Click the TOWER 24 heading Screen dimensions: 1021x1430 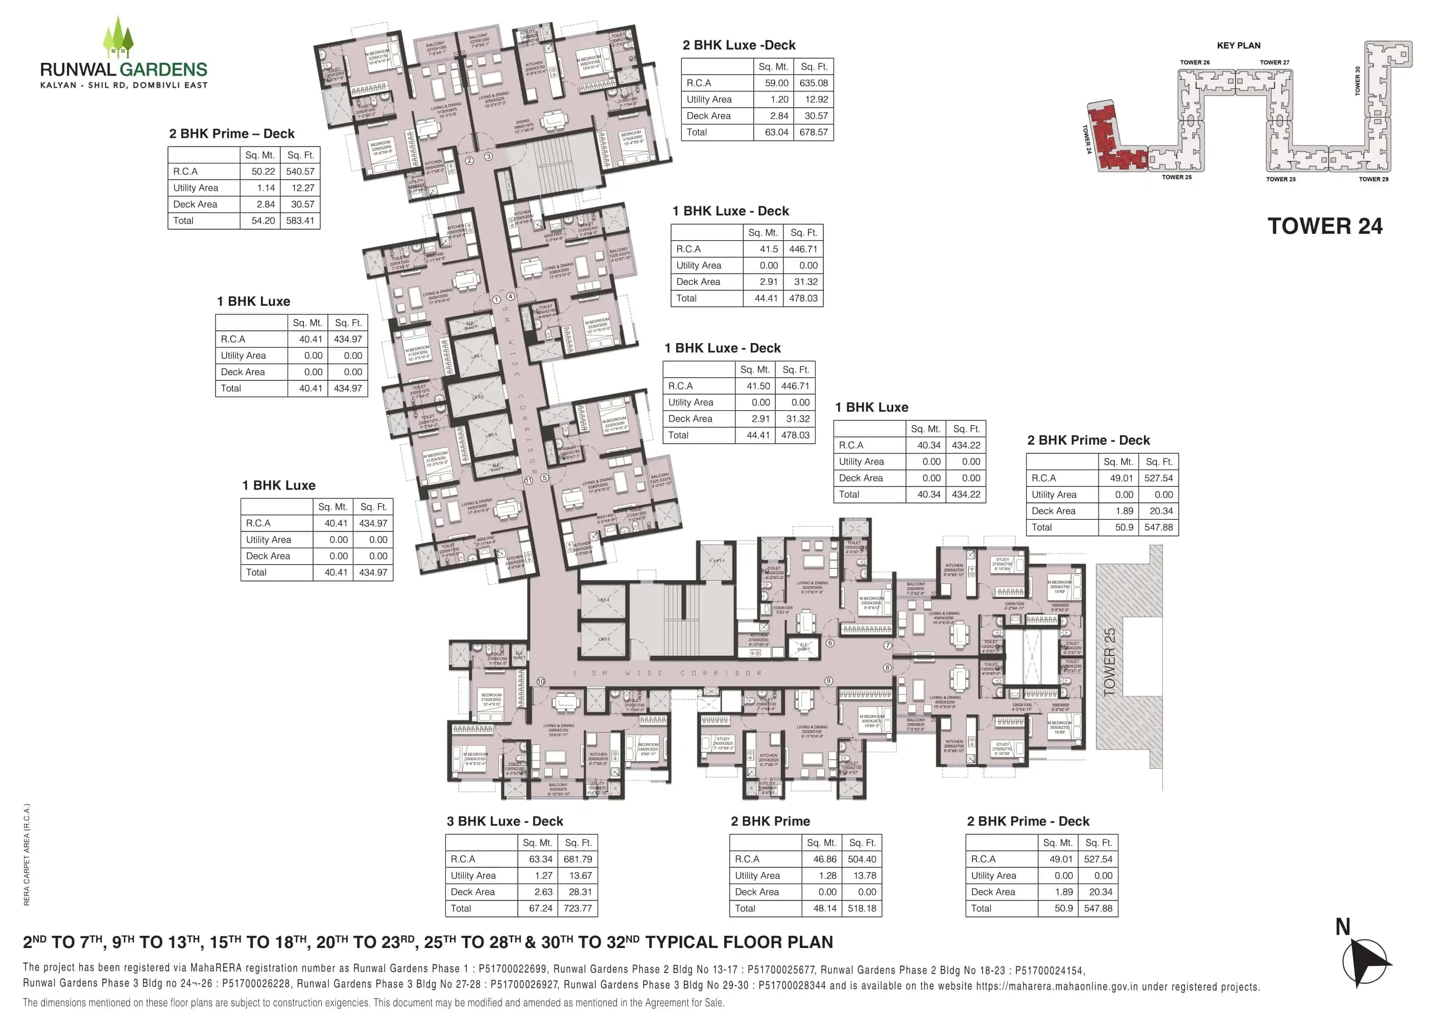(1324, 226)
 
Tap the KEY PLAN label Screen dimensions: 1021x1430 (1238, 45)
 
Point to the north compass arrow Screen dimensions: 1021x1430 (1365, 961)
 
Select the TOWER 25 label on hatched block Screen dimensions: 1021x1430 (1109, 662)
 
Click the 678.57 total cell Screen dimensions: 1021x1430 (814, 132)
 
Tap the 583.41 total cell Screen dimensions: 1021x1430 (300, 221)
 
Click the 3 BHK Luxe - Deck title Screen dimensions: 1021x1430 (505, 821)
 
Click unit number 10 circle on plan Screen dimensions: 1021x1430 (541, 681)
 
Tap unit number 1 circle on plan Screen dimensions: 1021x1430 (496, 300)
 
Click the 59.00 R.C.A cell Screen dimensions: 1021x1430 (776, 83)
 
